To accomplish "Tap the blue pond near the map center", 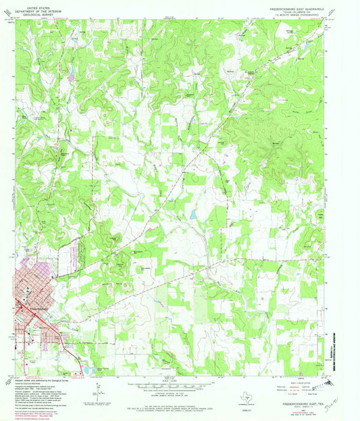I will (x=194, y=214).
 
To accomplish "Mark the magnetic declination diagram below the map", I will (x=99, y=389).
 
